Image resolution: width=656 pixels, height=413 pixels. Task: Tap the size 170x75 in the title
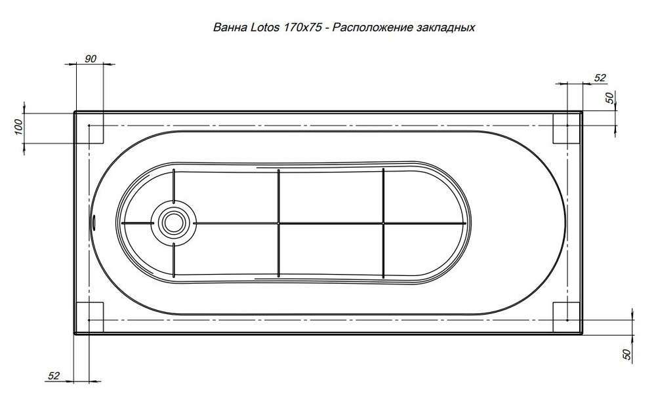[303, 28]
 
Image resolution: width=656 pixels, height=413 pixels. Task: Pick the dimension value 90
[91, 58]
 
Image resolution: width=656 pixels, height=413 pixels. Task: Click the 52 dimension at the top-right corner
[599, 77]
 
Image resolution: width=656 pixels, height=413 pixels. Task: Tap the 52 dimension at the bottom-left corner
[54, 376]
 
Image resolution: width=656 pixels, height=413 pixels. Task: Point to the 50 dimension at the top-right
[609, 98]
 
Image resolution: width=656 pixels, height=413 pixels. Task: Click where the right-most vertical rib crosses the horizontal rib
[384, 223]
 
